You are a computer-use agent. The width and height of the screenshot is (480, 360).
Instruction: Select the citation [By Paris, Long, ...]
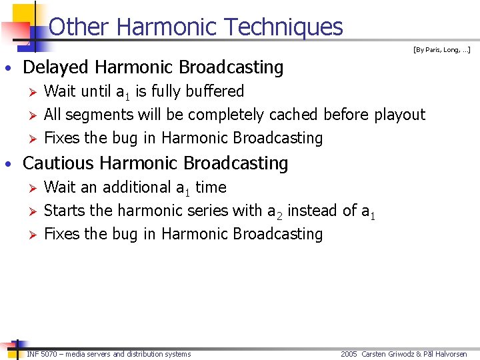[x=441, y=49]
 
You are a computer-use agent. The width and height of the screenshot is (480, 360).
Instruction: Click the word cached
[x=293, y=115]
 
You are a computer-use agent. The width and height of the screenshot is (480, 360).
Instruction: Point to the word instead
[x=316, y=211]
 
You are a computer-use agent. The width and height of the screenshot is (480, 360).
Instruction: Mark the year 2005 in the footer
[x=349, y=354]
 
